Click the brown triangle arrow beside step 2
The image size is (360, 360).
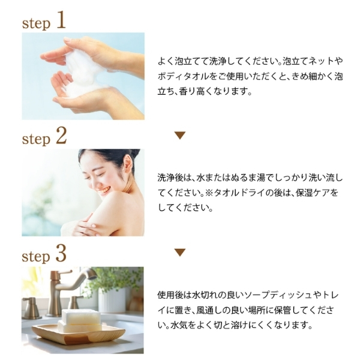click(x=180, y=136)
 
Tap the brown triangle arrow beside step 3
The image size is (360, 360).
click(x=180, y=253)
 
